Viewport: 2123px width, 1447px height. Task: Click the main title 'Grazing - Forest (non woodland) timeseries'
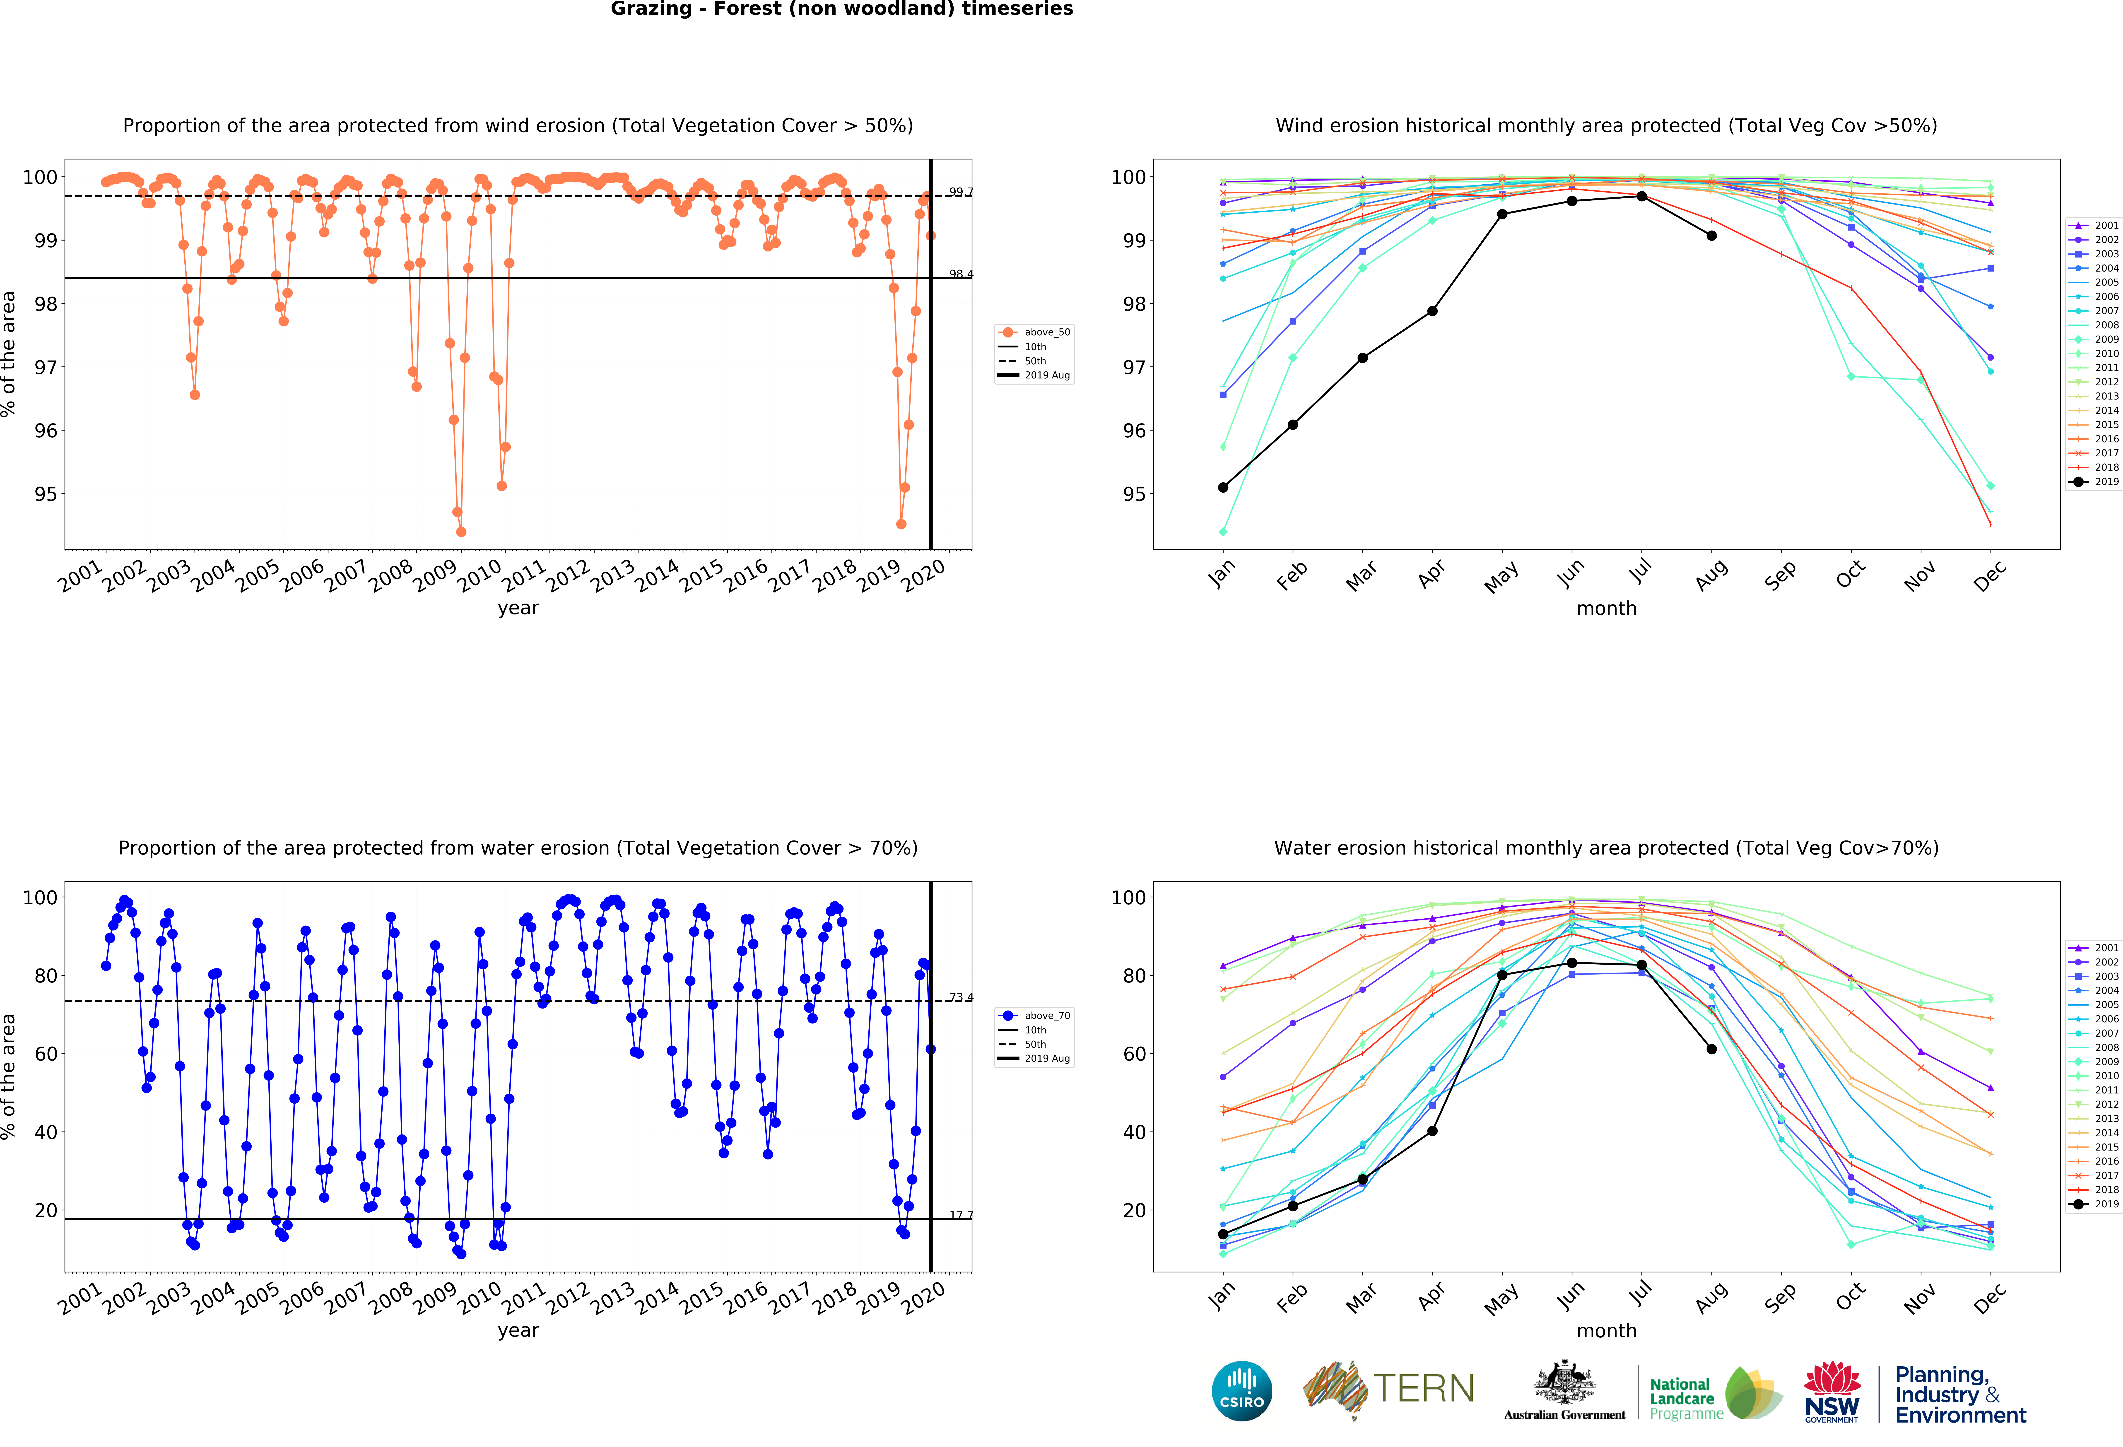[x=841, y=9]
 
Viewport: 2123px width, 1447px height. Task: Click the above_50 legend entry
[x=1035, y=332]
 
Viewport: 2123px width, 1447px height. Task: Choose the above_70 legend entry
[x=1035, y=1016]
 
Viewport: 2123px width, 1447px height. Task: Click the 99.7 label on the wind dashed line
[x=960, y=192]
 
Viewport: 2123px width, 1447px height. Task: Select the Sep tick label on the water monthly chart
[x=1781, y=1297]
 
